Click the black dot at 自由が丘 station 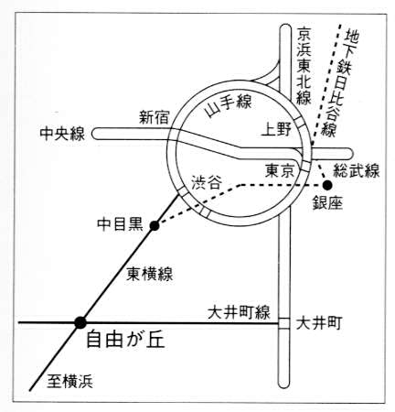[x=80, y=322]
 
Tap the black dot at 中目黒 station [x=155, y=226]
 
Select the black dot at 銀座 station [x=327, y=185]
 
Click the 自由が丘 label [x=126, y=340]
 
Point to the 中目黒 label [x=120, y=224]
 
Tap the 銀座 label [x=327, y=203]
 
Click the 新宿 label [x=155, y=117]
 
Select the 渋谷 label [x=207, y=183]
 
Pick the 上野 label [x=277, y=129]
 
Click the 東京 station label [x=280, y=170]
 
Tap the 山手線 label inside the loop [x=229, y=105]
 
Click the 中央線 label [x=62, y=134]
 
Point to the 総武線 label [x=357, y=170]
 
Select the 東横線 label [x=150, y=274]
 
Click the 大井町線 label [x=239, y=312]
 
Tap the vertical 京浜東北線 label [x=304, y=66]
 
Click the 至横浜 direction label [x=69, y=382]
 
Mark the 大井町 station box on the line [x=284, y=323]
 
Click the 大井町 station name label [x=319, y=323]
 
